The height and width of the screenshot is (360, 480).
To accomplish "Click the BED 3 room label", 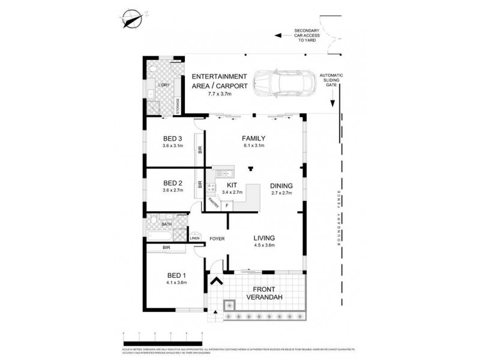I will [x=172, y=137].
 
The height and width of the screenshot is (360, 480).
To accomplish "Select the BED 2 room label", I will [x=172, y=183].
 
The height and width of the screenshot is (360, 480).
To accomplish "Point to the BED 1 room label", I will [x=177, y=277].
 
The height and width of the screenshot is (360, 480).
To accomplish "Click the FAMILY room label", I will [x=254, y=138].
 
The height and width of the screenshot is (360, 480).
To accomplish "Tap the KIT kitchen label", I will [x=232, y=185].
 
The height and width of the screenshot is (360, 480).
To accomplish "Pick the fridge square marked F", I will [x=227, y=205].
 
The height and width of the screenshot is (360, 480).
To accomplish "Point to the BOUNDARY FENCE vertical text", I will [x=340, y=214].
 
